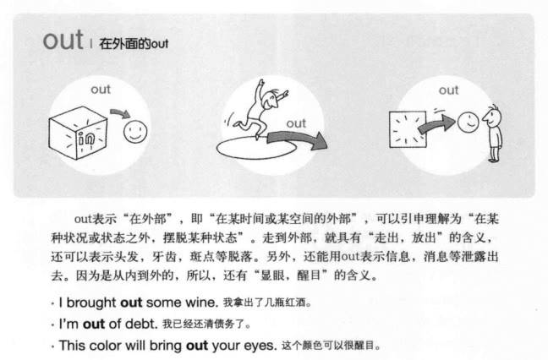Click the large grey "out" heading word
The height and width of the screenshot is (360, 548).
63,41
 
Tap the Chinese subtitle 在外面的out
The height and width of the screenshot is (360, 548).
134,44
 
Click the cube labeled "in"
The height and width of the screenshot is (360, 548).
78,133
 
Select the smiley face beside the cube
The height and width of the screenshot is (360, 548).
135,132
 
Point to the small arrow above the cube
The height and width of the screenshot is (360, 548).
120,112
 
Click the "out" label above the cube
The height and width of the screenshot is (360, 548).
101,90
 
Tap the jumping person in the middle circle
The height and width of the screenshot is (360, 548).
260,109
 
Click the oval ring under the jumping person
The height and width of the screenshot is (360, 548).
256,158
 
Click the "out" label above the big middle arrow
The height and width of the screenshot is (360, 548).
296,123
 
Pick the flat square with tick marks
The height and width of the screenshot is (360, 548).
408,129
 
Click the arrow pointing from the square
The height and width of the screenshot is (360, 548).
437,124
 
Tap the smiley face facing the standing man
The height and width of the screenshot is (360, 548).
468,123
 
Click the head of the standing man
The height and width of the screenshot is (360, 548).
493,117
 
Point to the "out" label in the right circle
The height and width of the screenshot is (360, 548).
448,90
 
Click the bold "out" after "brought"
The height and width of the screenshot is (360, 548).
131,303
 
